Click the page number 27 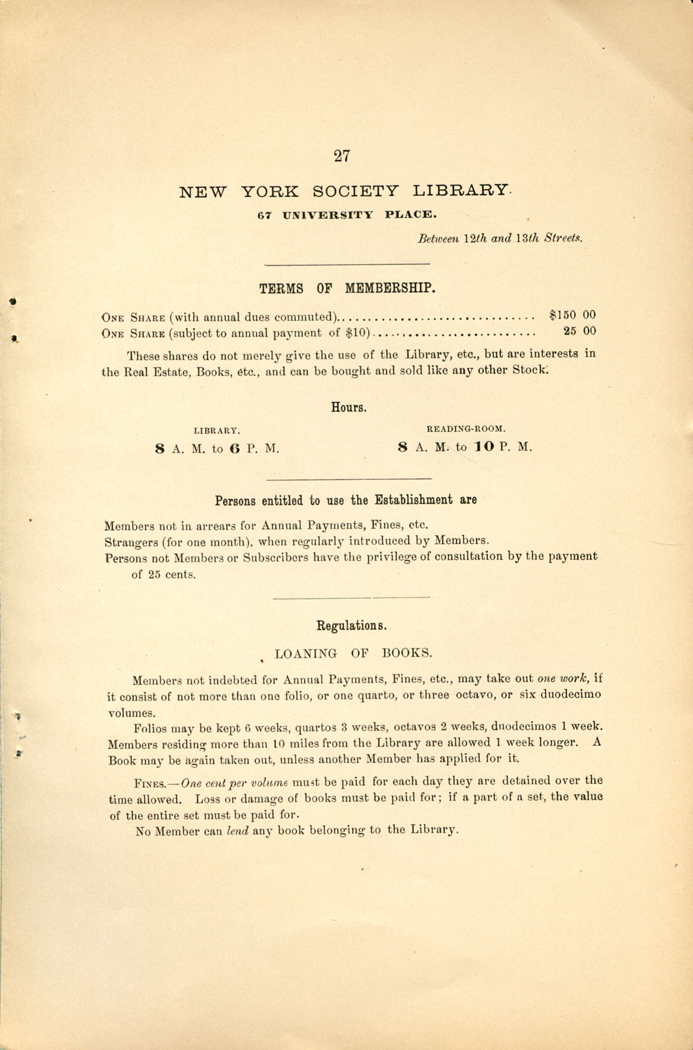pos(342,156)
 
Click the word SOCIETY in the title pos(356,191)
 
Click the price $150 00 pos(573,315)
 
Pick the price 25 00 pos(580,331)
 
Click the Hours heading pos(349,407)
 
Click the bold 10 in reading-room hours pos(484,447)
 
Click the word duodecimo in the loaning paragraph pos(569,695)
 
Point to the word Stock pos(530,370)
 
